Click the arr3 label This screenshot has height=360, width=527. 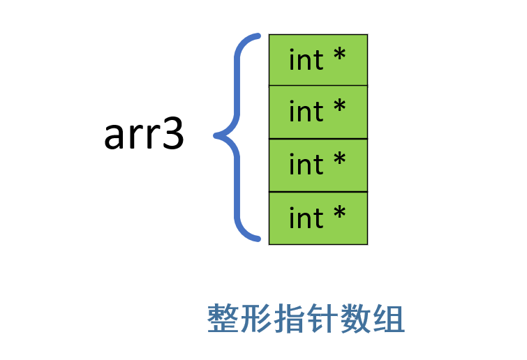click(x=144, y=135)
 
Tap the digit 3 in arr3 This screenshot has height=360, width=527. click(x=172, y=135)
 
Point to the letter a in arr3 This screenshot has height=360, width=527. click(x=115, y=138)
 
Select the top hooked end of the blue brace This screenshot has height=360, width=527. click(x=256, y=36)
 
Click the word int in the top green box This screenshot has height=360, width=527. click(x=306, y=60)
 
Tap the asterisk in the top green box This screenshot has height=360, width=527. click(x=339, y=56)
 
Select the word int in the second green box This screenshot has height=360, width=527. click(x=306, y=112)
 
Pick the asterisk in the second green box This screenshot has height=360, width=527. click(x=339, y=107)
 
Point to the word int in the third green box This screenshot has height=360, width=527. click(x=306, y=165)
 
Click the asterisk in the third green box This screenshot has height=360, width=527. click(x=339, y=160)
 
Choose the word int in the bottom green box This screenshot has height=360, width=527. click(x=306, y=218)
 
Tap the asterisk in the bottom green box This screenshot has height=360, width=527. click(x=339, y=213)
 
